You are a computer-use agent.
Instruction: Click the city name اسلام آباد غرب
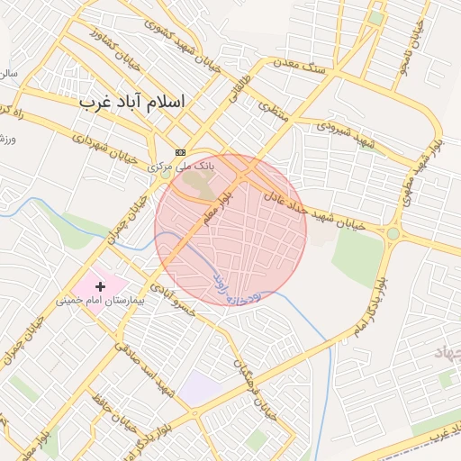coord(132,101)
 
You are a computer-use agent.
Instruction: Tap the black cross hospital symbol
coord(100,286)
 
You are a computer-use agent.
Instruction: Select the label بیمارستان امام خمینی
coord(101,301)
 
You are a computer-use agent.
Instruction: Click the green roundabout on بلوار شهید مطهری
coord(393,234)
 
